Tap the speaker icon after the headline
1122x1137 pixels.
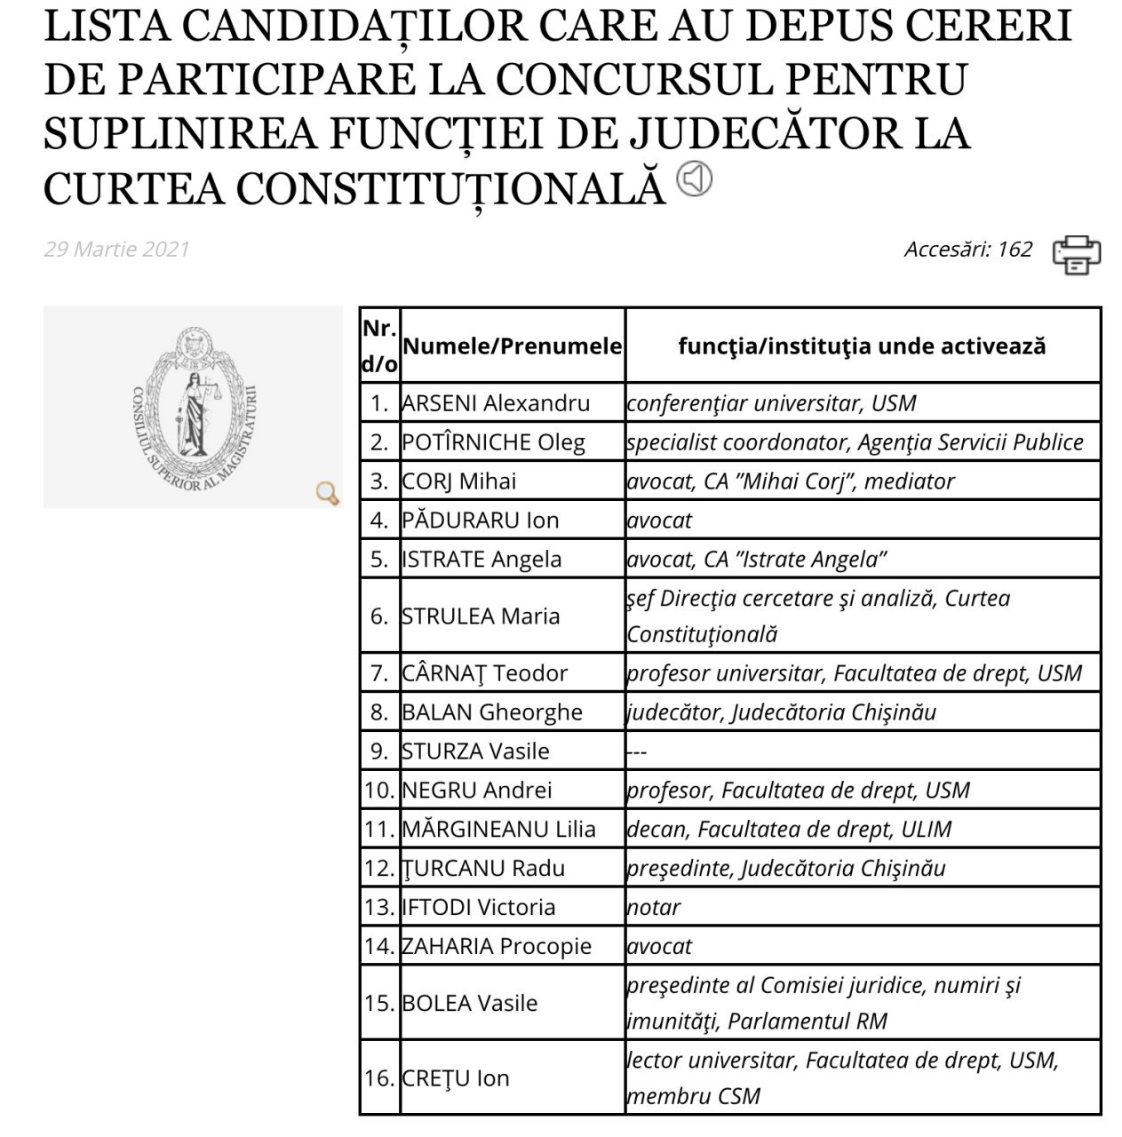694,179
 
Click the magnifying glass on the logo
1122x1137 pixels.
328,493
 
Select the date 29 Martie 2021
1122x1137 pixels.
116,249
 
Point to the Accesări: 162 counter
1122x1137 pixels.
968,249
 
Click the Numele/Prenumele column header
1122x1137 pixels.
512,346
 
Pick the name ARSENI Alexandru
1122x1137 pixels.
496,403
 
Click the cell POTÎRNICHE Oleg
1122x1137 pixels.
493,442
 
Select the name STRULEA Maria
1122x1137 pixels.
481,616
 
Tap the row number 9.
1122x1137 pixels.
379,751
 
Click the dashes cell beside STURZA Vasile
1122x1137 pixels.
637,751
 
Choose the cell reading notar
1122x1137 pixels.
654,908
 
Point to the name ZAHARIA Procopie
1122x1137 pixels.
497,947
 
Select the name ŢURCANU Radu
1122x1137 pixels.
483,869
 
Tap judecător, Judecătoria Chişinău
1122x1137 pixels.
781,712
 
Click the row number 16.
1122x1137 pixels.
379,1078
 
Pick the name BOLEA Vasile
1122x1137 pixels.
470,1004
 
